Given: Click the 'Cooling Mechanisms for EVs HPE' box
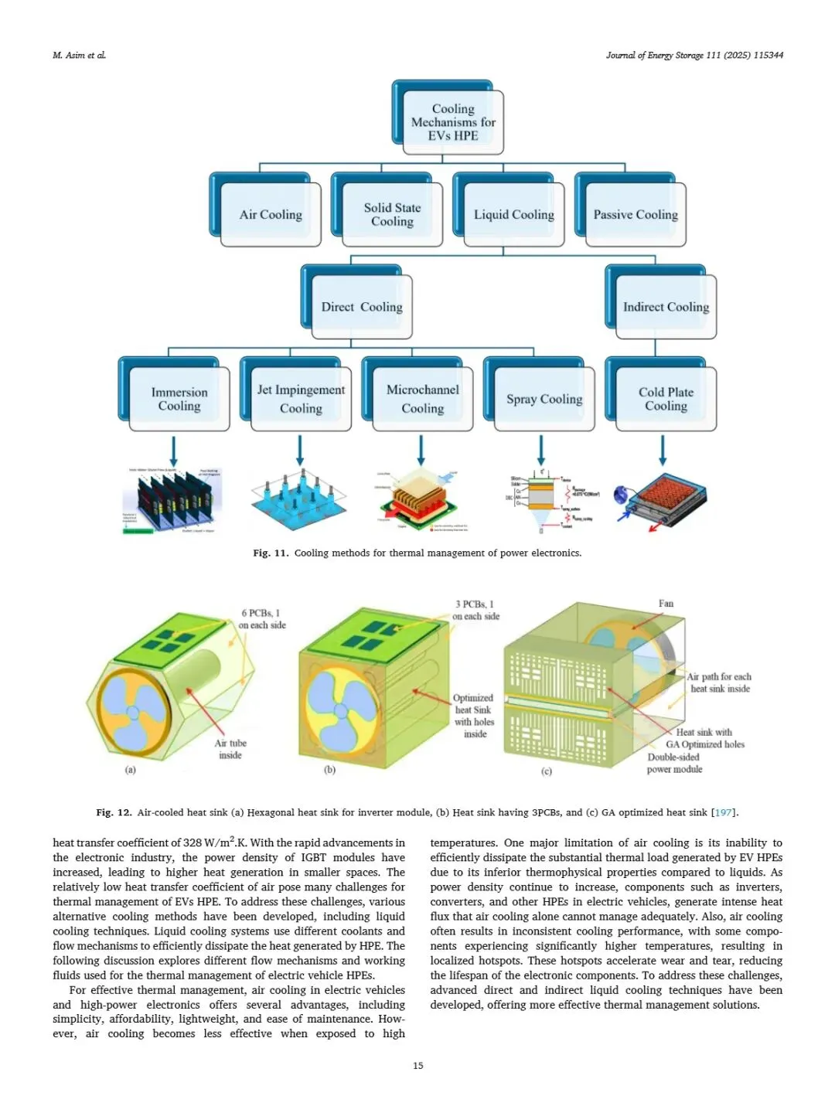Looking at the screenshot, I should point(453,122).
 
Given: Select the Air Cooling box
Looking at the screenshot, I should point(271,214).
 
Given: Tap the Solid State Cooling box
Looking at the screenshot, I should point(392,214).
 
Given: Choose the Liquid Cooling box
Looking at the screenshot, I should point(514,214).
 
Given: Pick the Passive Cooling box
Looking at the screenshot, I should point(636,214).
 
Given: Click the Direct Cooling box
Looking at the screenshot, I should point(362,307).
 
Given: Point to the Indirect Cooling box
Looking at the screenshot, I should point(666,307).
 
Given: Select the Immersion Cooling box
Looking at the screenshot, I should point(179,399).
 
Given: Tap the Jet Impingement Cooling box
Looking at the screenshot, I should point(301,399).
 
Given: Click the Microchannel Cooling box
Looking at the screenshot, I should point(422,399).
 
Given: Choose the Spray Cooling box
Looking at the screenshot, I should point(544,399).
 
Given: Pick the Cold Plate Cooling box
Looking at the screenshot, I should point(666,399).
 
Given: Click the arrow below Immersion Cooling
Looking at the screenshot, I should point(173,451).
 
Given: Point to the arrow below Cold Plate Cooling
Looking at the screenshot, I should point(663,451).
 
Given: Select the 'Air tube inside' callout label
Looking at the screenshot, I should point(230,749).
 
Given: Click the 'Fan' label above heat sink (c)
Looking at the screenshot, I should point(666,604).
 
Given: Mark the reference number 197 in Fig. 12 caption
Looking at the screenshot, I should point(724,812).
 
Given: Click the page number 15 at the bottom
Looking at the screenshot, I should point(418,1066).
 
